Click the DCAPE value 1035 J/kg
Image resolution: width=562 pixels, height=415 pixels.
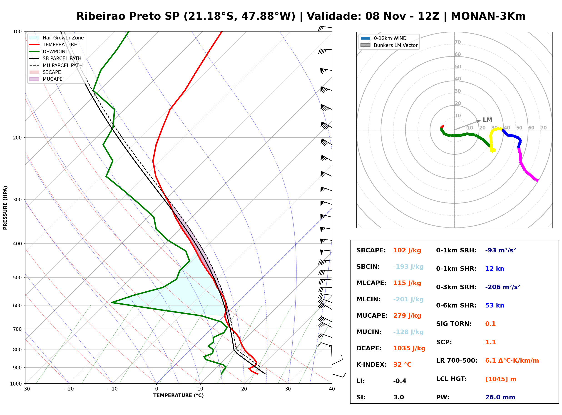pos(409,348)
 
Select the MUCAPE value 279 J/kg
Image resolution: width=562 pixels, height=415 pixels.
pos(407,316)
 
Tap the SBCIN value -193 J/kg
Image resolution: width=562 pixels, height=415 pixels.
pos(408,267)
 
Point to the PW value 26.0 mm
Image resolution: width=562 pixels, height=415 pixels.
pos(500,397)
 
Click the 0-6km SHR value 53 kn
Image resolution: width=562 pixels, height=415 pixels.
pos(495,305)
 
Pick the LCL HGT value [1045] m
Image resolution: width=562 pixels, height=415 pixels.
pos(501,379)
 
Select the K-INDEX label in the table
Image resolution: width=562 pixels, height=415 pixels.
pos(372,365)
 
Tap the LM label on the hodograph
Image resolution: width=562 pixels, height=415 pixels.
pos(487,120)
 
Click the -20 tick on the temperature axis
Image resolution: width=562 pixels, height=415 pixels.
pos(69,389)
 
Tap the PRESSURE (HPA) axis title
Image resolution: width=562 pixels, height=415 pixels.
pos(5,208)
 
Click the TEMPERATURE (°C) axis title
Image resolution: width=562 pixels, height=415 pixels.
pos(179,395)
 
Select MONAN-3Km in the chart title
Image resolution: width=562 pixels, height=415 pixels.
pos(488,16)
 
